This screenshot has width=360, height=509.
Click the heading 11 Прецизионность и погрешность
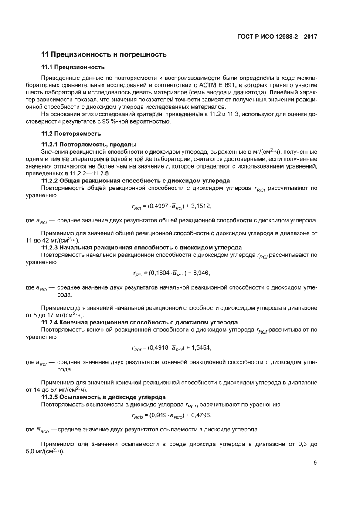point(104,55)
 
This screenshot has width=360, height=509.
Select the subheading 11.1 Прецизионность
point(72,67)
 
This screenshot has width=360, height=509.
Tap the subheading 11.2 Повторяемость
point(71,134)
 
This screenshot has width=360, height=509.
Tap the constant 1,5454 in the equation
point(205,347)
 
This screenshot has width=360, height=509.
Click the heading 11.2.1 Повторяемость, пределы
point(88,144)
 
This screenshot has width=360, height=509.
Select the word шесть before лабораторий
point(34,92)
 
